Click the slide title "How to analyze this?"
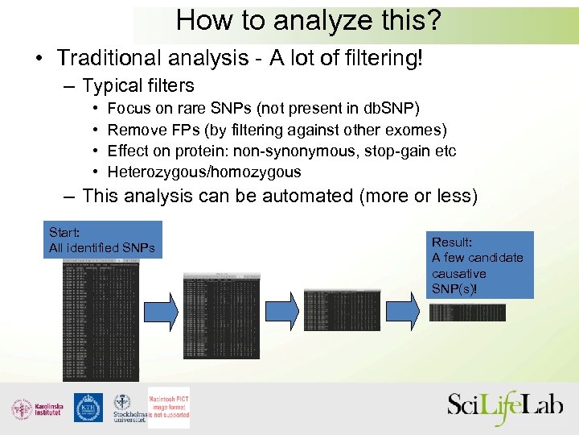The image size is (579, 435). (309, 21)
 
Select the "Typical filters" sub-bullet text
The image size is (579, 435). (138, 85)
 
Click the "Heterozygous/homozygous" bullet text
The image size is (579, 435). (204, 172)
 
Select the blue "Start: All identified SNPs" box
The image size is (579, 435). (103, 240)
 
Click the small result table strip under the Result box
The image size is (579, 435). (467, 313)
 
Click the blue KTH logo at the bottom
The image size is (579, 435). (88, 408)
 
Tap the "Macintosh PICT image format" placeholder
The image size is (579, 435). (169, 406)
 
